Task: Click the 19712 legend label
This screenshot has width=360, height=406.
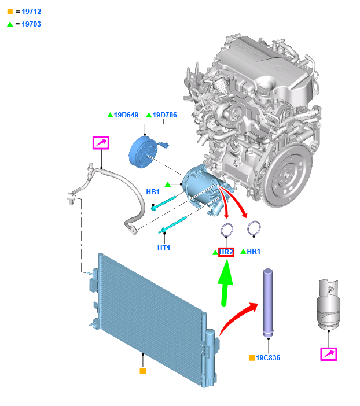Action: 31,12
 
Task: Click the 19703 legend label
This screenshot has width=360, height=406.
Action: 31,24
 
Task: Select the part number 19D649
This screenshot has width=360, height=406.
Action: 126,115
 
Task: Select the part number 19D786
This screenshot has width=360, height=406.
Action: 164,115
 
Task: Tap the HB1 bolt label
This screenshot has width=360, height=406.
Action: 153,192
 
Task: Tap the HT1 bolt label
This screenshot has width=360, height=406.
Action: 164,248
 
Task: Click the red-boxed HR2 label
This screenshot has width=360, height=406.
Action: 226,252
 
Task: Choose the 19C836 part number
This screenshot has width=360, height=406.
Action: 268,358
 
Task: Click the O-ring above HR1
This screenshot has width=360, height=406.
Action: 253,228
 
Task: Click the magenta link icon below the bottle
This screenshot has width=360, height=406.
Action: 329,354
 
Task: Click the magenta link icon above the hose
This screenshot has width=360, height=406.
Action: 101,142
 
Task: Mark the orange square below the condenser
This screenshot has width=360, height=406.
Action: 143,370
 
